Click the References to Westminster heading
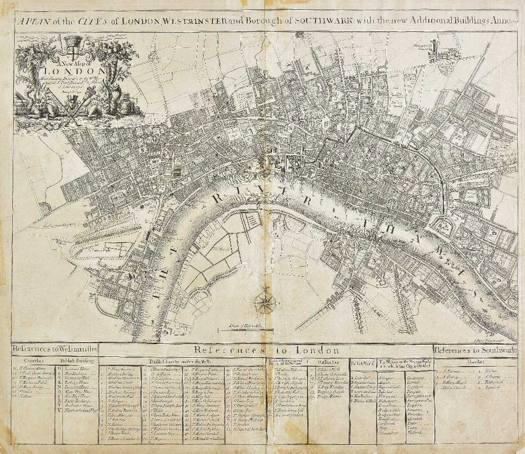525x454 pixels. [55, 350]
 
